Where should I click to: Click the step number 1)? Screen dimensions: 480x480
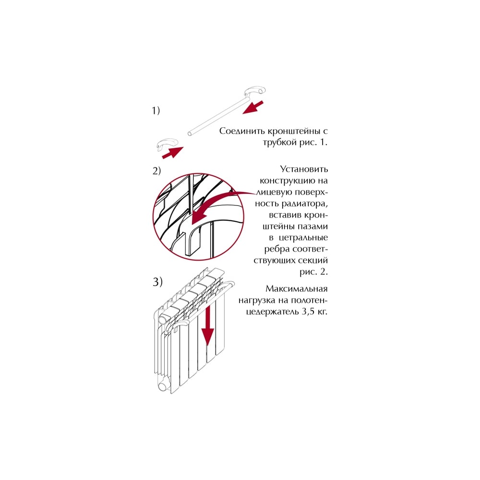[156, 110]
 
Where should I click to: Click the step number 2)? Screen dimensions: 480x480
[156, 171]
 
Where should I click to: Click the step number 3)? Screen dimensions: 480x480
[157, 282]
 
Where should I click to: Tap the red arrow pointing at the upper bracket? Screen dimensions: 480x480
[253, 108]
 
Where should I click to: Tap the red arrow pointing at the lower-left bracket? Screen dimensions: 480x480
[172, 153]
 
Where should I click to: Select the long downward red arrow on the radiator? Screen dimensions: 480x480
[208, 325]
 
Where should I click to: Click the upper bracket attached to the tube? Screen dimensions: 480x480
[255, 92]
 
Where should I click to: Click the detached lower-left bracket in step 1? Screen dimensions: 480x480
[167, 144]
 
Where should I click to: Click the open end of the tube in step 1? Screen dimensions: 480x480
[190, 133]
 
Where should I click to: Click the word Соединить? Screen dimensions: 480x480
[242, 132]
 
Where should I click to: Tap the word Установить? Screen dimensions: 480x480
[304, 169]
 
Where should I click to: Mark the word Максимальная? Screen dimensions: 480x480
[296, 289]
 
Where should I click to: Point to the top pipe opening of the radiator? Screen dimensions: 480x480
[163, 321]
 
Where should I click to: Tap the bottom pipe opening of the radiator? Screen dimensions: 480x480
[163, 386]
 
